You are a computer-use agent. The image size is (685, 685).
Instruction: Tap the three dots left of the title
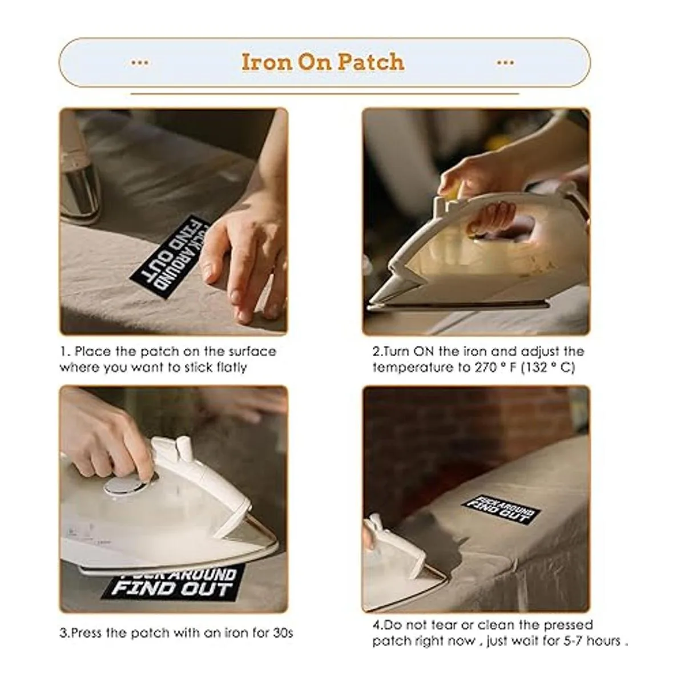point(140,63)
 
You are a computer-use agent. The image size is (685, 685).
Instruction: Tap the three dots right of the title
point(505,63)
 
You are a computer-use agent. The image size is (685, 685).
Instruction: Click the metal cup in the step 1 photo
point(79,185)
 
